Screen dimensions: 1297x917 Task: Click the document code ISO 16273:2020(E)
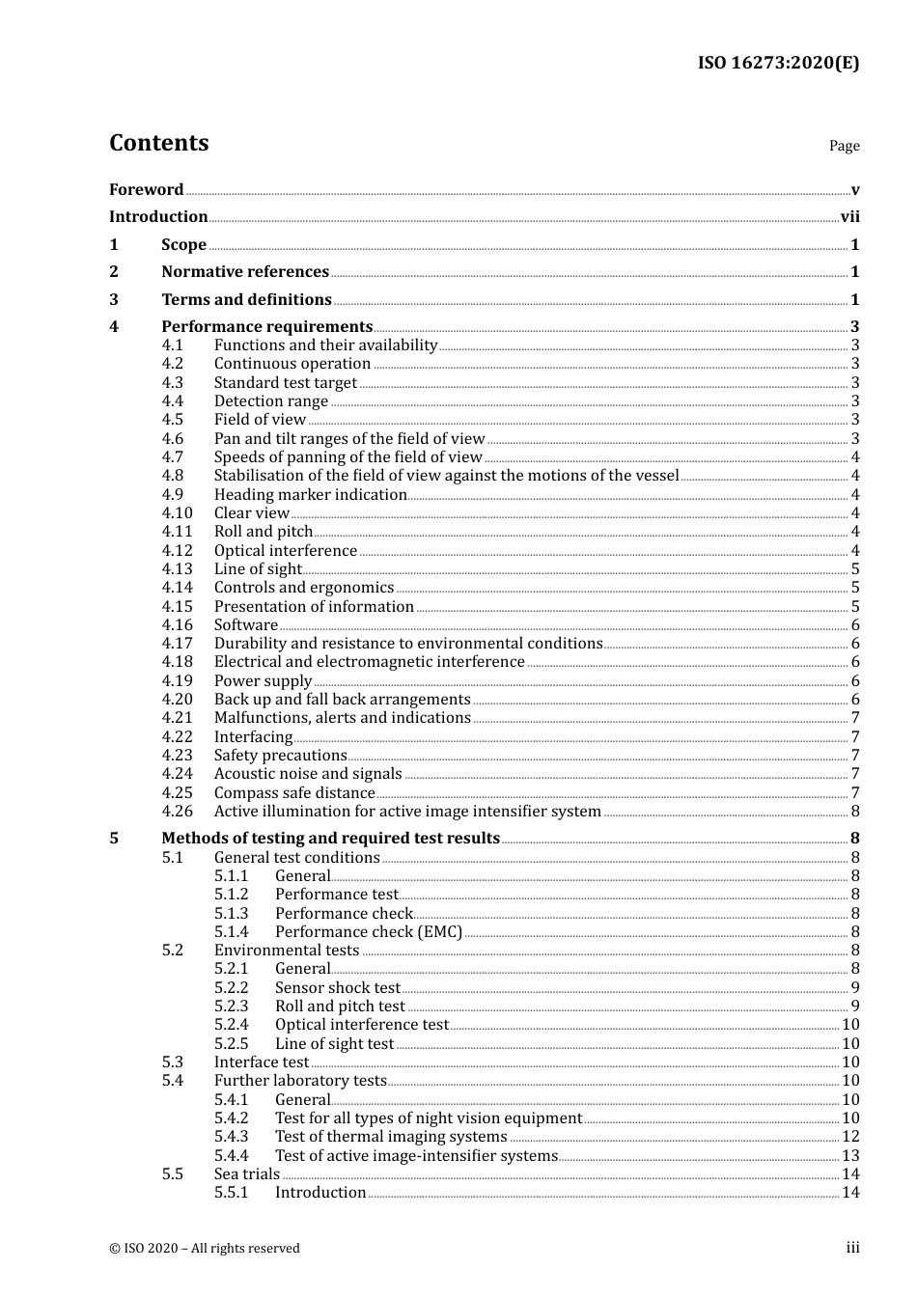point(778,63)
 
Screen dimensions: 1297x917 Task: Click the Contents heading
point(158,143)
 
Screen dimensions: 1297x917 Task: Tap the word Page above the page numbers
point(844,146)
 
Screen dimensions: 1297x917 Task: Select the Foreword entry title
point(146,190)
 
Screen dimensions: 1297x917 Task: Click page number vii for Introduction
point(849,217)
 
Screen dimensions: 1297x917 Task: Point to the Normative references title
point(245,272)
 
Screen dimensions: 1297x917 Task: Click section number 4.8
point(173,476)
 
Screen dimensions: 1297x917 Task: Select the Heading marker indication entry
point(310,495)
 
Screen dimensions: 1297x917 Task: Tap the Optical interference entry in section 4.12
point(285,551)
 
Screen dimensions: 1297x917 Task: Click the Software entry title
point(245,625)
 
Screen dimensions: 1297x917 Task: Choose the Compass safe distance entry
point(293,793)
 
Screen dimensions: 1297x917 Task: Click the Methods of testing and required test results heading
point(330,839)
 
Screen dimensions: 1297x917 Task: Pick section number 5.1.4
point(232,932)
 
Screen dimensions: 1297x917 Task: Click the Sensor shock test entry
point(337,988)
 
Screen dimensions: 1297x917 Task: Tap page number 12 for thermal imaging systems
point(850,1137)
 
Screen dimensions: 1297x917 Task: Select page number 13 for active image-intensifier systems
point(850,1156)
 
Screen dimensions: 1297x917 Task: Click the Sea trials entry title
point(246,1174)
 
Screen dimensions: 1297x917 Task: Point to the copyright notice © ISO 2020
point(204,1249)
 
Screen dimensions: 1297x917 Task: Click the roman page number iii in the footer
point(852,1248)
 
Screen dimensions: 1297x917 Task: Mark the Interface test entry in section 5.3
point(261,1062)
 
